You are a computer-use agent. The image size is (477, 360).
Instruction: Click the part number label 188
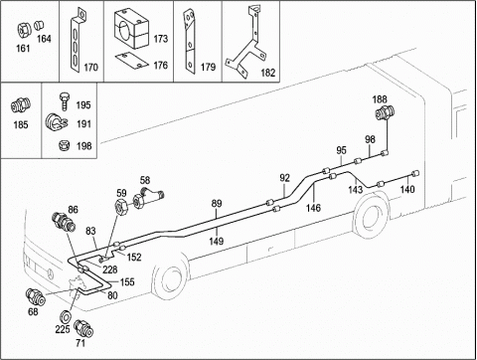(380, 99)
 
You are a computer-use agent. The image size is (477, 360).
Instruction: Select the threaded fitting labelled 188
(385, 112)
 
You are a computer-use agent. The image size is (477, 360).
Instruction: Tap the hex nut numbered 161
(24, 31)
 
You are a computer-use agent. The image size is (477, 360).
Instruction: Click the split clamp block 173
(132, 29)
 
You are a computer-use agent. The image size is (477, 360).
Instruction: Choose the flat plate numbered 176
(132, 61)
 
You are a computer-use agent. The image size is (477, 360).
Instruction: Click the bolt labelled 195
(65, 101)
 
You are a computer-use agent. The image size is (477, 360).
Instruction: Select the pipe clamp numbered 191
(57, 123)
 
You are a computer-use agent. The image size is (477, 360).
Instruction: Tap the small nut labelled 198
(64, 145)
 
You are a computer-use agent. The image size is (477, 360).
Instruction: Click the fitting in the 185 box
(21, 104)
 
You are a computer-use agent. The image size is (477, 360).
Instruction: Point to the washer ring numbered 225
(67, 315)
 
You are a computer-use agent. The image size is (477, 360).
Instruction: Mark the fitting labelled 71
(83, 328)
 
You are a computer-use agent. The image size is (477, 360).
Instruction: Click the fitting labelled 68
(36, 296)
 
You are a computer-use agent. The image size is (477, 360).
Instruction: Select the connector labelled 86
(64, 222)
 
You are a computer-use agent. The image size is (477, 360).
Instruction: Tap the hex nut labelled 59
(120, 206)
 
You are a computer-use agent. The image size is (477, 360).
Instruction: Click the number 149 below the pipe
(216, 241)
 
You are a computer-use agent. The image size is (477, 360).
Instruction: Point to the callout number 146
(313, 208)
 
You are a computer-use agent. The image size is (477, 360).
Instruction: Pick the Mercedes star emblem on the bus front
(50, 273)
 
